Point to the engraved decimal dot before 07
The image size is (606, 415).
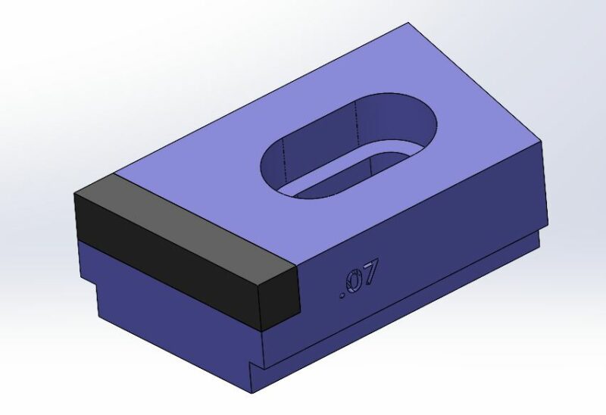(342, 296)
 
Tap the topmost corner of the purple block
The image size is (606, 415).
(408, 23)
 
